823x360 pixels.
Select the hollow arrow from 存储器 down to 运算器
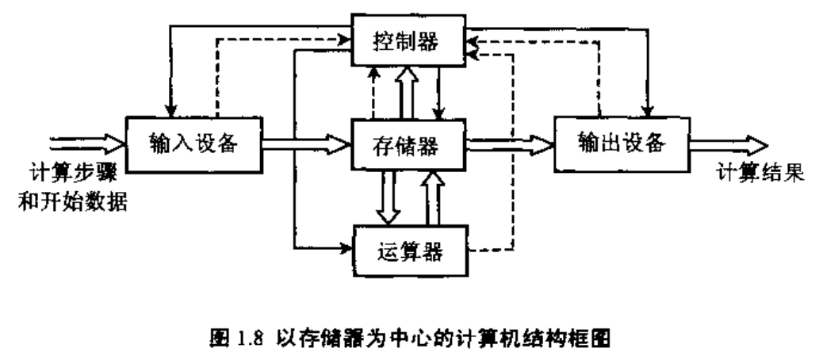click(x=388, y=197)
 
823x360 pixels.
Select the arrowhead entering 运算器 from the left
click(x=346, y=248)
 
